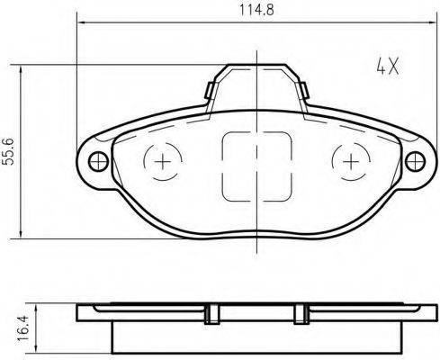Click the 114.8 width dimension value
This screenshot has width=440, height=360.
256,10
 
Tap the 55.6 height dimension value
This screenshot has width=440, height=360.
9,152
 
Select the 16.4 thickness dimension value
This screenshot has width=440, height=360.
22,328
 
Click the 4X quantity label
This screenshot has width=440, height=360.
388,67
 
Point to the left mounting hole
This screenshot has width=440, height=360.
98,161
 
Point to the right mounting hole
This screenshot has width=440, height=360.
415,161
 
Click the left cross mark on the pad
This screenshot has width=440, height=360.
163,162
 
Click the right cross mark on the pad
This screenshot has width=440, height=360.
351,162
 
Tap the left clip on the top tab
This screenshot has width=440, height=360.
209,90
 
